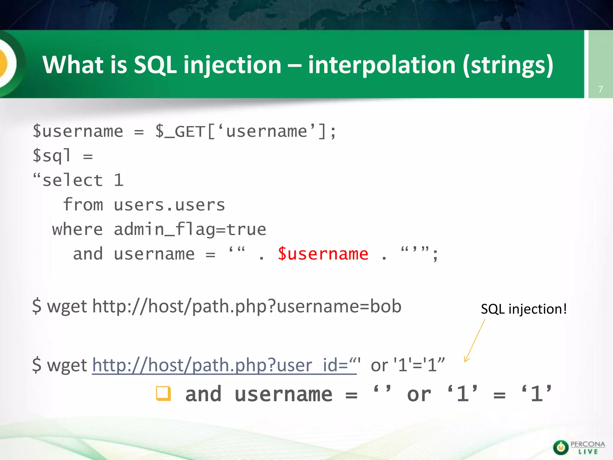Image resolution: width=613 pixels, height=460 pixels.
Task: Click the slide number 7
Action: pyautogui.click(x=600, y=89)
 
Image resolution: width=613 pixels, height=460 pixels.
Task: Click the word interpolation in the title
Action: pyautogui.click(x=382, y=65)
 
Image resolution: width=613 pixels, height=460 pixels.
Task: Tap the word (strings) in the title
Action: pyautogui.click(x=508, y=65)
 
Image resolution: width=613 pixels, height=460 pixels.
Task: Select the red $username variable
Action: pyautogui.click(x=323, y=254)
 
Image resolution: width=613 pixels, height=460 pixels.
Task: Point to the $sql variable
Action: pyautogui.click(x=51, y=156)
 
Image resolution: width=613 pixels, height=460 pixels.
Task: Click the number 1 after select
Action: pyautogui.click(x=119, y=181)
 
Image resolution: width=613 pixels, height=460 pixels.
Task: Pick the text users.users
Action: pyautogui.click(x=169, y=205)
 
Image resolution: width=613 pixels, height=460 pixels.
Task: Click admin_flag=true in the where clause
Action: pyautogui.click(x=190, y=230)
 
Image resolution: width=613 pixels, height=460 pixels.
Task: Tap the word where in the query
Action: pyautogui.click(x=78, y=230)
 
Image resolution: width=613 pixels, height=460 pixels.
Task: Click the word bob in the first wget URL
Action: pyautogui.click(x=386, y=306)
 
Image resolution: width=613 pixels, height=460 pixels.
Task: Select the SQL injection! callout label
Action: pyautogui.click(x=524, y=309)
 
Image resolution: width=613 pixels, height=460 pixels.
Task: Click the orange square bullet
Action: pyautogui.click(x=163, y=394)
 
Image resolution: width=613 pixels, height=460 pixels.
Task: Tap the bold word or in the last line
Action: pyautogui.click(x=419, y=394)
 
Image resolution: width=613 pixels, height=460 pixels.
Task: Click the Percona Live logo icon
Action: pyautogui.click(x=560, y=447)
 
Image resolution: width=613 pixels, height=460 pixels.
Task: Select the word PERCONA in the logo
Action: pyautogui.click(x=588, y=444)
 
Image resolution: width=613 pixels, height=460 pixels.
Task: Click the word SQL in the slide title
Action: pyautogui.click(x=155, y=65)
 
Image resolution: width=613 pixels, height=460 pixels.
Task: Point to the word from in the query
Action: pyautogui.click(x=83, y=205)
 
